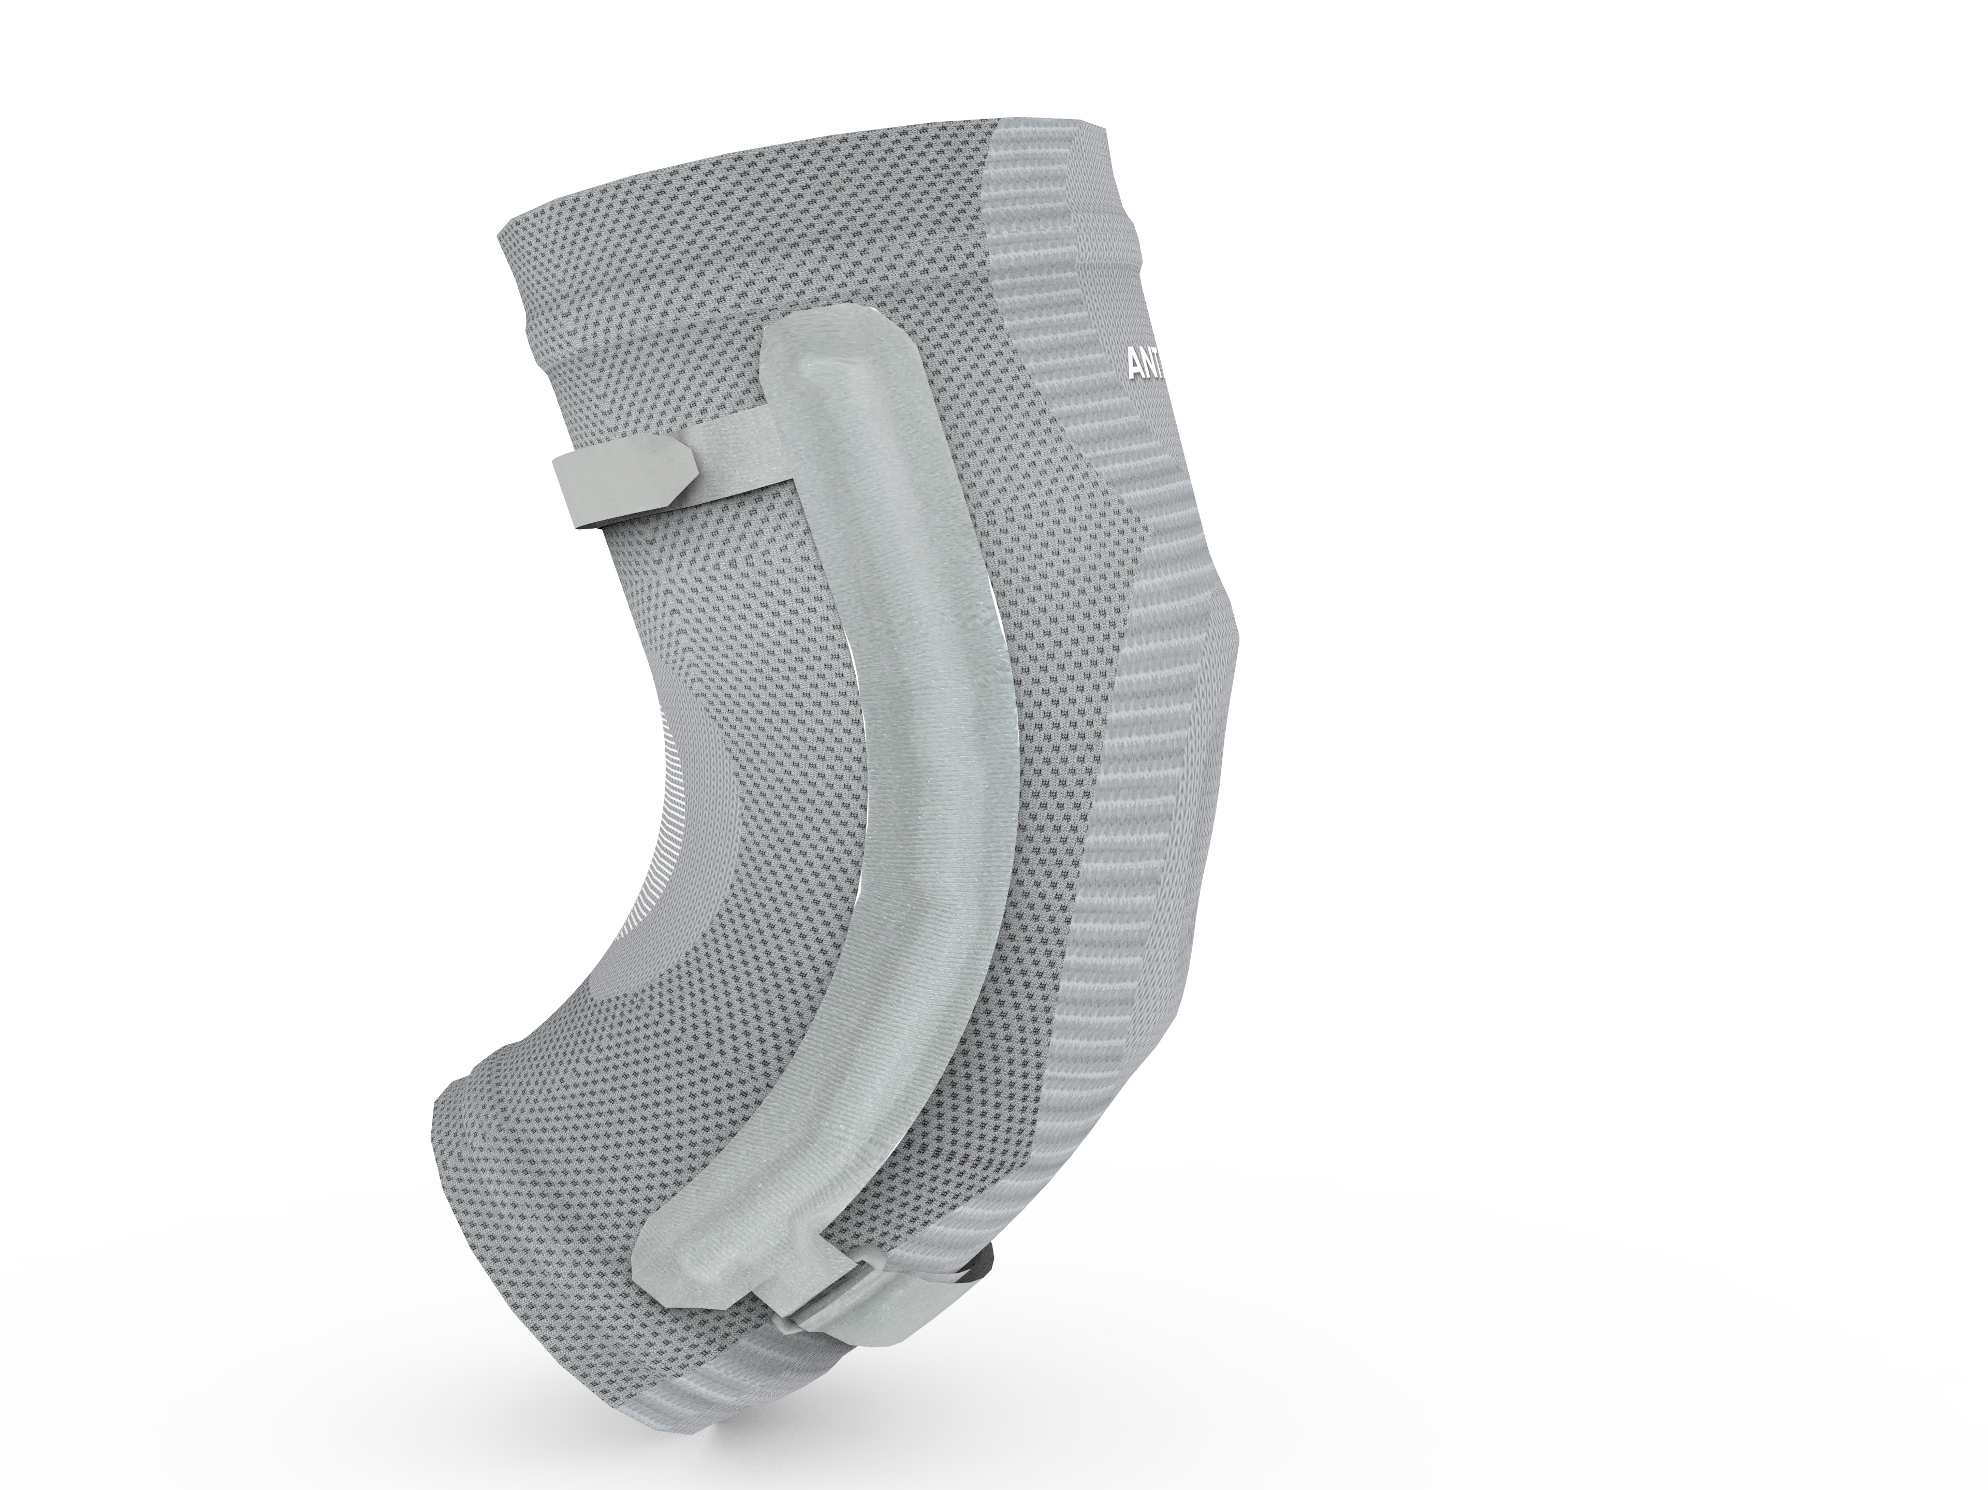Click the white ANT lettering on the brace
tap(1146, 366)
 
